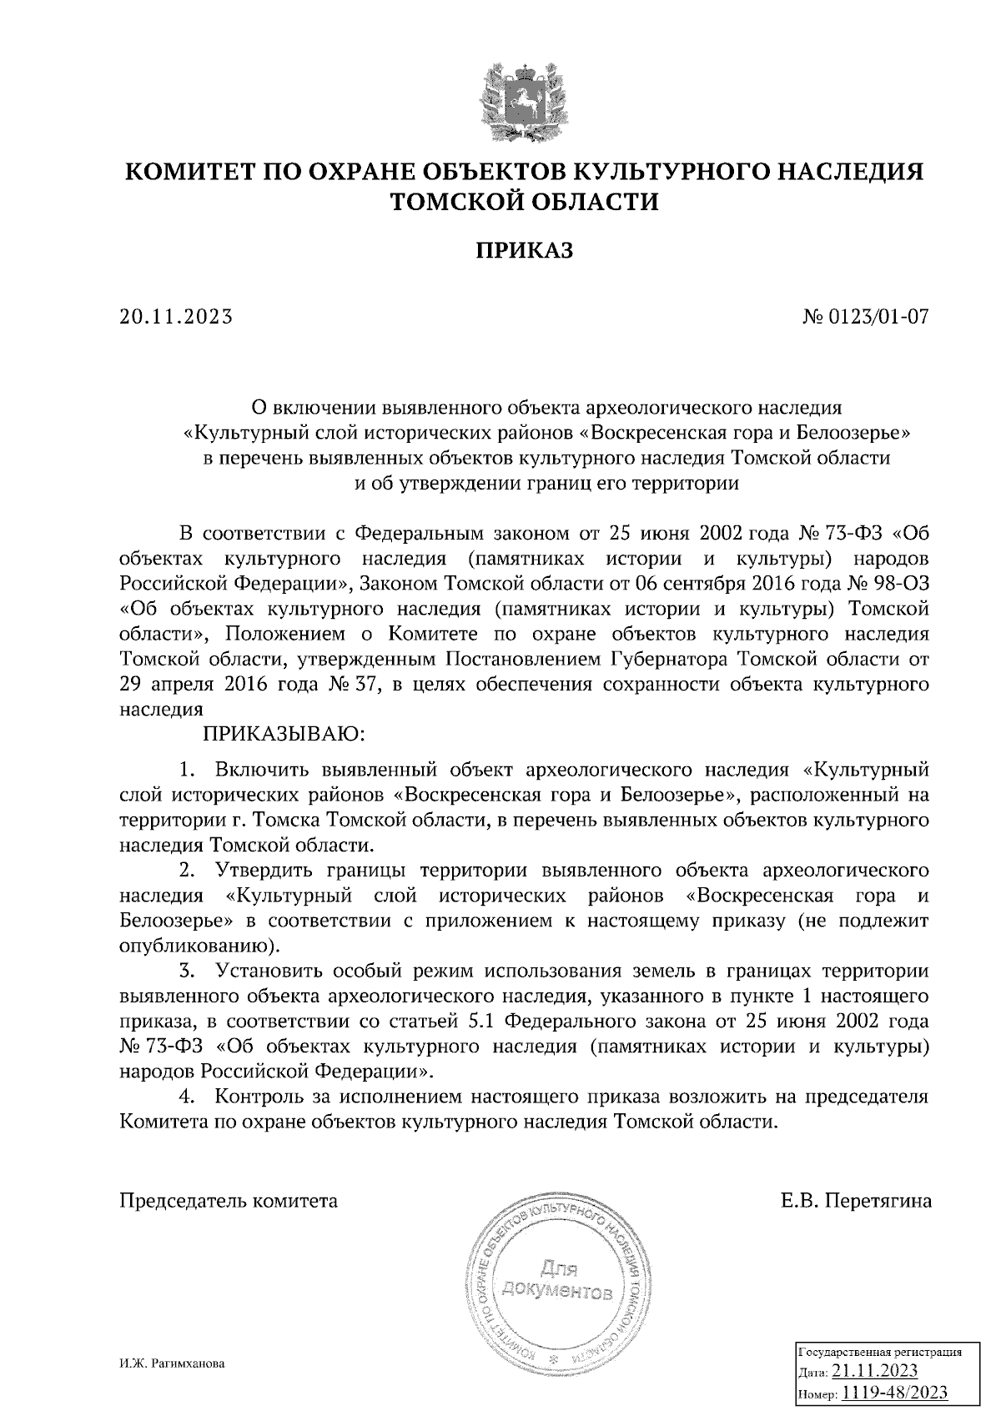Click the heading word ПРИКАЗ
[x=525, y=250]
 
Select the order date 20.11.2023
[x=176, y=317]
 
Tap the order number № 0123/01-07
[x=865, y=317]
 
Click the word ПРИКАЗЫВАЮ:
[x=281, y=734]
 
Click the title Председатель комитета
[x=229, y=1201]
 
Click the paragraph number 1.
[x=188, y=769]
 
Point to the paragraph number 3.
[x=188, y=972]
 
